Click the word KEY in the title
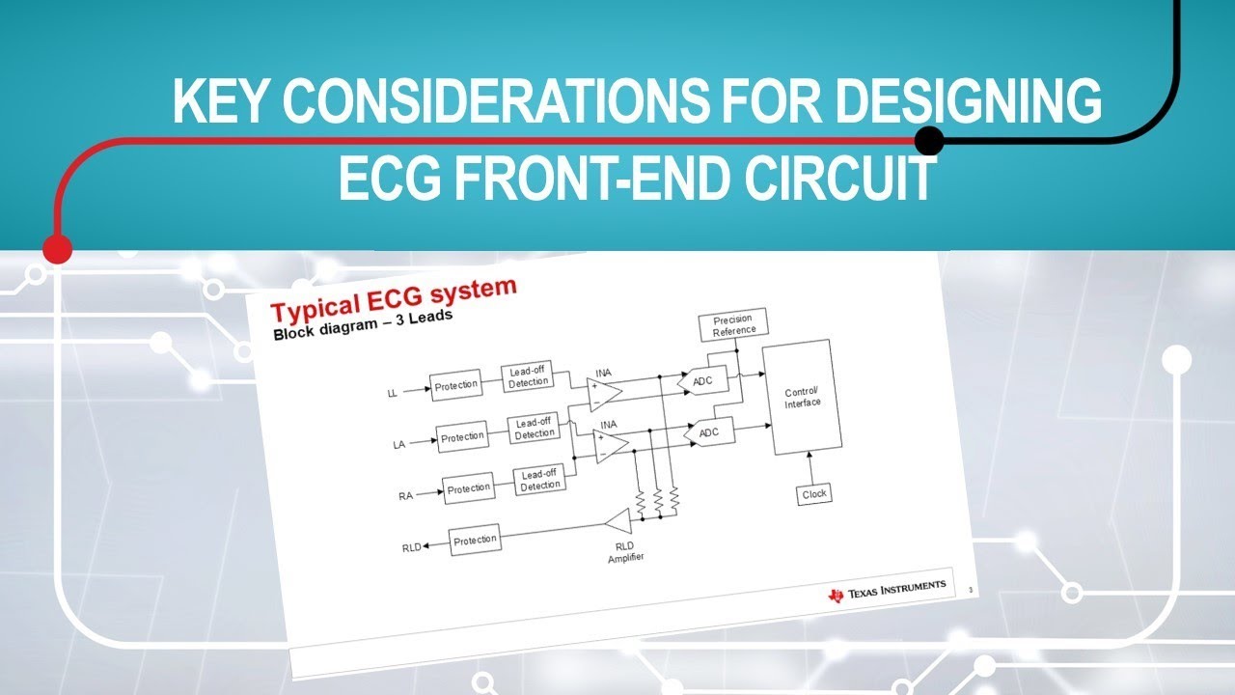[x=222, y=103]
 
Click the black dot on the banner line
[x=928, y=141]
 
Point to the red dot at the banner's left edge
[x=57, y=249]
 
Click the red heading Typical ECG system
[x=394, y=299]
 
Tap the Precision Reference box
[x=732, y=325]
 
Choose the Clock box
[x=813, y=493]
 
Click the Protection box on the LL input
[x=455, y=385]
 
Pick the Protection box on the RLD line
[x=475, y=540]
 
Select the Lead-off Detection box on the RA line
[x=540, y=480]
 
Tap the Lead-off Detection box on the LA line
[x=535, y=429]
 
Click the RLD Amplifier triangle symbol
[x=617, y=522]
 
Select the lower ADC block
[x=708, y=432]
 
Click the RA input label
[x=405, y=496]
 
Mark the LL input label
[x=392, y=393]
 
